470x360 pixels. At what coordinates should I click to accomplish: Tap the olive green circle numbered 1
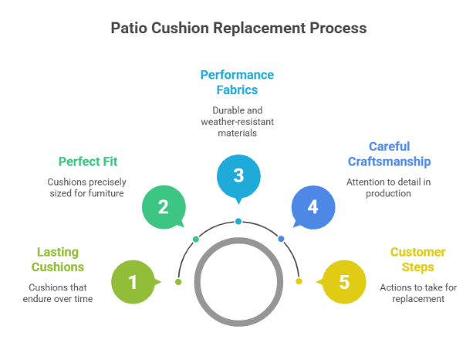pyautogui.click(x=132, y=282)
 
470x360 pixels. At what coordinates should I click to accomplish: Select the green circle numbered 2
pyautogui.click(x=164, y=206)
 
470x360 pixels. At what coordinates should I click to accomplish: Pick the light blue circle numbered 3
pyautogui.click(x=238, y=175)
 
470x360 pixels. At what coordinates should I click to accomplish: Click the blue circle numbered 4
pyautogui.click(x=312, y=207)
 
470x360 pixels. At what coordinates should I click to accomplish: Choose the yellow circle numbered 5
pyautogui.click(x=343, y=282)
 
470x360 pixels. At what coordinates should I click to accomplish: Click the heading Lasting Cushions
pyautogui.click(x=58, y=260)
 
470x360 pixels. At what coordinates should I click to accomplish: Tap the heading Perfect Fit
pyautogui.click(x=88, y=162)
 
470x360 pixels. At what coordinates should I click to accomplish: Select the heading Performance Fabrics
pyautogui.click(x=237, y=82)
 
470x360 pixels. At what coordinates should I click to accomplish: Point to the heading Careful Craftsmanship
pyautogui.click(x=388, y=154)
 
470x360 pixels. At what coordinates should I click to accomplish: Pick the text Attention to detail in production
pyautogui.click(x=388, y=188)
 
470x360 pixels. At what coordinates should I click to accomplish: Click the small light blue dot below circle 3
pyautogui.click(x=238, y=222)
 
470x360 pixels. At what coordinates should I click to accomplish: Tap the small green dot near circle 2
pyautogui.click(x=196, y=239)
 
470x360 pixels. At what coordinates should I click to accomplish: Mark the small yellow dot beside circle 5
pyautogui.click(x=298, y=281)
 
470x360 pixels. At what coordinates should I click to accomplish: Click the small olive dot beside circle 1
pyautogui.click(x=179, y=281)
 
